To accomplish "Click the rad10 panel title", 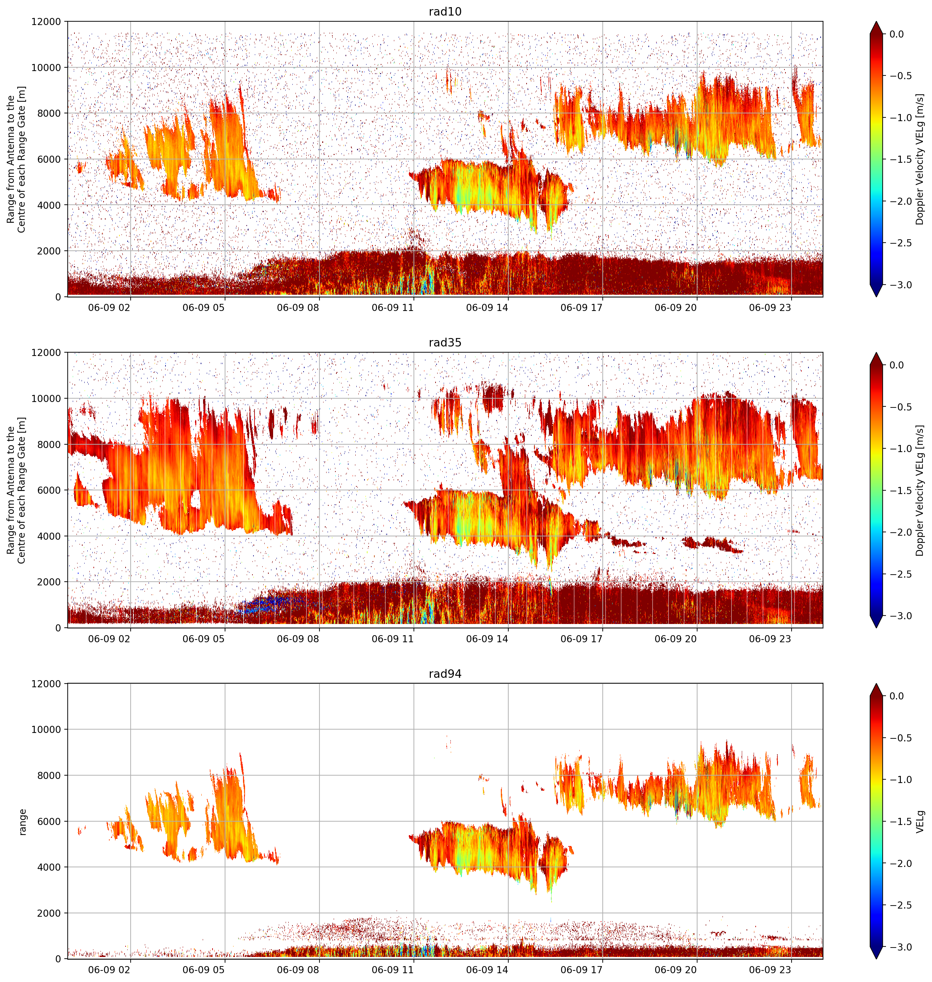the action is (445, 12).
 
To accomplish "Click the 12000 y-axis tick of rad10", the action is (46, 22).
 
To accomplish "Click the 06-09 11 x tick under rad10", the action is (393, 308).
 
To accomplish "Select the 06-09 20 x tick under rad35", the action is (676, 639).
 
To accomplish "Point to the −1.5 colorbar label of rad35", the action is (900, 490).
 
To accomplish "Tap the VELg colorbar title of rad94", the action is (920, 822).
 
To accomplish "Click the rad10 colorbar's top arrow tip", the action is (876, 21).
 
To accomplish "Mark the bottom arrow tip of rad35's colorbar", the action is (876, 628).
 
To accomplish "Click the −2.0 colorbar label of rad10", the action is (900, 201).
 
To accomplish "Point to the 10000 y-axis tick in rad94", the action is (46, 730).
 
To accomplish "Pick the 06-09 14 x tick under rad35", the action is (487, 639).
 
